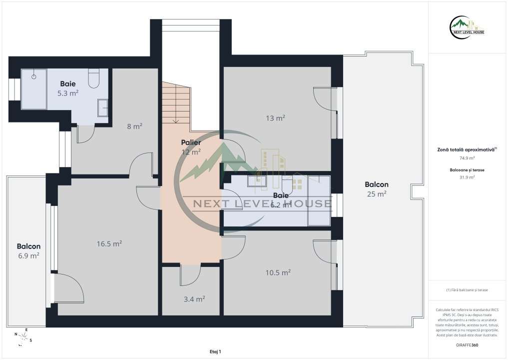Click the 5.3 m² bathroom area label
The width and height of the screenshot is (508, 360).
[x=68, y=92]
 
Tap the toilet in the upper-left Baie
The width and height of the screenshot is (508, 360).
[x=93, y=78]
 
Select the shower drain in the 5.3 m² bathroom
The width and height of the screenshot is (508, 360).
[x=34, y=77]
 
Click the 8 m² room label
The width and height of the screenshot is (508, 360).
[x=134, y=126]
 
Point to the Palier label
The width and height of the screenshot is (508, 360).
[x=191, y=142]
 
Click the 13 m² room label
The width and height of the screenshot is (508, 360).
[x=276, y=118]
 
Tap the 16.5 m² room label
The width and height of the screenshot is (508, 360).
[x=109, y=244]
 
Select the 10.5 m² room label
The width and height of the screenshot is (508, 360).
[x=278, y=272]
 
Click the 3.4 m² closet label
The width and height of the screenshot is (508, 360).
[x=194, y=299]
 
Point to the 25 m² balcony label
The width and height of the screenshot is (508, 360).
[x=377, y=194]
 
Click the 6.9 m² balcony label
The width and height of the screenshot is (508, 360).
[x=28, y=255]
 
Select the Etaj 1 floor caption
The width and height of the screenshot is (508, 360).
[x=215, y=352]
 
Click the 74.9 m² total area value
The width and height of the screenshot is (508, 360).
[x=468, y=158]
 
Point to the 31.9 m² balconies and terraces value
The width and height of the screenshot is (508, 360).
[x=468, y=176]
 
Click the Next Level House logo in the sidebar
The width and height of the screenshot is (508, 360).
[x=468, y=27]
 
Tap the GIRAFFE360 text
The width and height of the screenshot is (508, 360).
[x=468, y=345]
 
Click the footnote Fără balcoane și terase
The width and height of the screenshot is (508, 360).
[x=468, y=290]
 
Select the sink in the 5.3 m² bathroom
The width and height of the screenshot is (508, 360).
[x=102, y=108]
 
